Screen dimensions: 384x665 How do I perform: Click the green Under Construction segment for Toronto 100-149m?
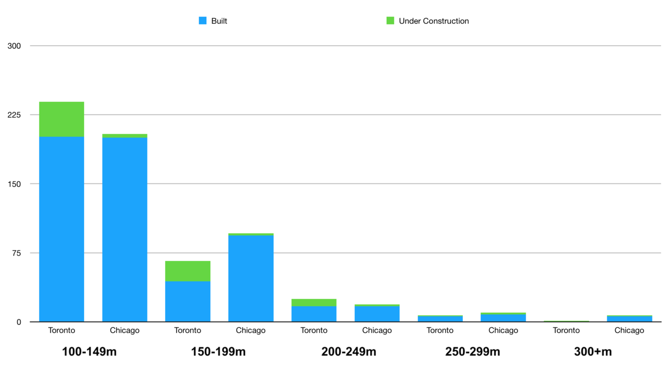point(61,119)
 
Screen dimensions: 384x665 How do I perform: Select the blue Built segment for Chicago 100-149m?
point(125,229)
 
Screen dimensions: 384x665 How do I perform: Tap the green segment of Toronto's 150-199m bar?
point(188,271)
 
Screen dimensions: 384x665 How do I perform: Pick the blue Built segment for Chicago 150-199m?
point(251,279)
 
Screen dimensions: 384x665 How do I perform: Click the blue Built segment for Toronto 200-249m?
point(314,314)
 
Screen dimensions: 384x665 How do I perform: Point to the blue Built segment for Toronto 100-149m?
point(61,229)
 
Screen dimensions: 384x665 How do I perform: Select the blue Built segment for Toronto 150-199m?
point(188,301)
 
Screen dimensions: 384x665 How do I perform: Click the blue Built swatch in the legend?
point(203,21)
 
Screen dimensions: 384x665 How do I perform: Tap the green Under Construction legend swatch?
point(390,21)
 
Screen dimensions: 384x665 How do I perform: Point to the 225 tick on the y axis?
point(14,115)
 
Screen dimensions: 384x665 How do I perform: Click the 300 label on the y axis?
point(14,46)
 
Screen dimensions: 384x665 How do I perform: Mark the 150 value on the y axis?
point(14,184)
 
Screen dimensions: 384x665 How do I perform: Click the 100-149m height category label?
point(89,352)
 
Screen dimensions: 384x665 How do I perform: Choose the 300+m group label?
point(593,352)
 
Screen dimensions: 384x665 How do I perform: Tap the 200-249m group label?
point(349,352)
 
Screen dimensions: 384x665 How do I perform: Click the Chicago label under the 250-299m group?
point(503,330)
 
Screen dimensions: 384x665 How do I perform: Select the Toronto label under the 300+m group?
point(566,330)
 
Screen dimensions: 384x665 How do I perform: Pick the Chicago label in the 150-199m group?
point(250,330)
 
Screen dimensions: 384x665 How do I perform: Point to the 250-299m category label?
point(472,352)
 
